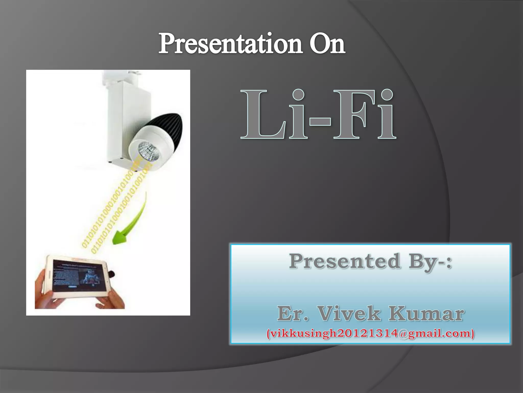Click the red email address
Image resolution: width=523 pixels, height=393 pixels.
(x=370, y=333)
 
